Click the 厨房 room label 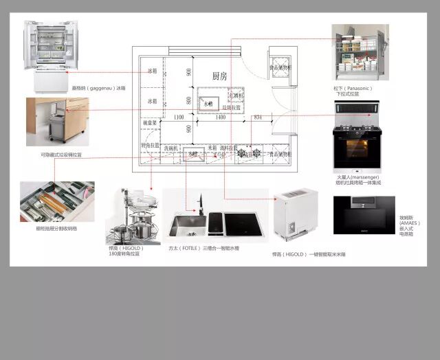click(219, 76)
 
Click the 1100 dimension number click(179, 118)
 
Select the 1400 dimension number click(221, 118)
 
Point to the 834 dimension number click(258, 118)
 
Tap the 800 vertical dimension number click(188, 100)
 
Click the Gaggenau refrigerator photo click(51, 55)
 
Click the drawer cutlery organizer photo click(57, 201)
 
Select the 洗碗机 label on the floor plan click(170, 148)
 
